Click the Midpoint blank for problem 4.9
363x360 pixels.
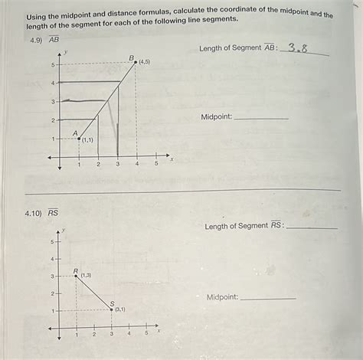260,118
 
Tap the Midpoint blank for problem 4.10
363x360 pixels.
267,298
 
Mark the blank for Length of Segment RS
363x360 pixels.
311,227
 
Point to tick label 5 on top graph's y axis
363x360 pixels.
53,64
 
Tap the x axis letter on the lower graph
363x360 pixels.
159,332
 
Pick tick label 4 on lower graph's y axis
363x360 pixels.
52,259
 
